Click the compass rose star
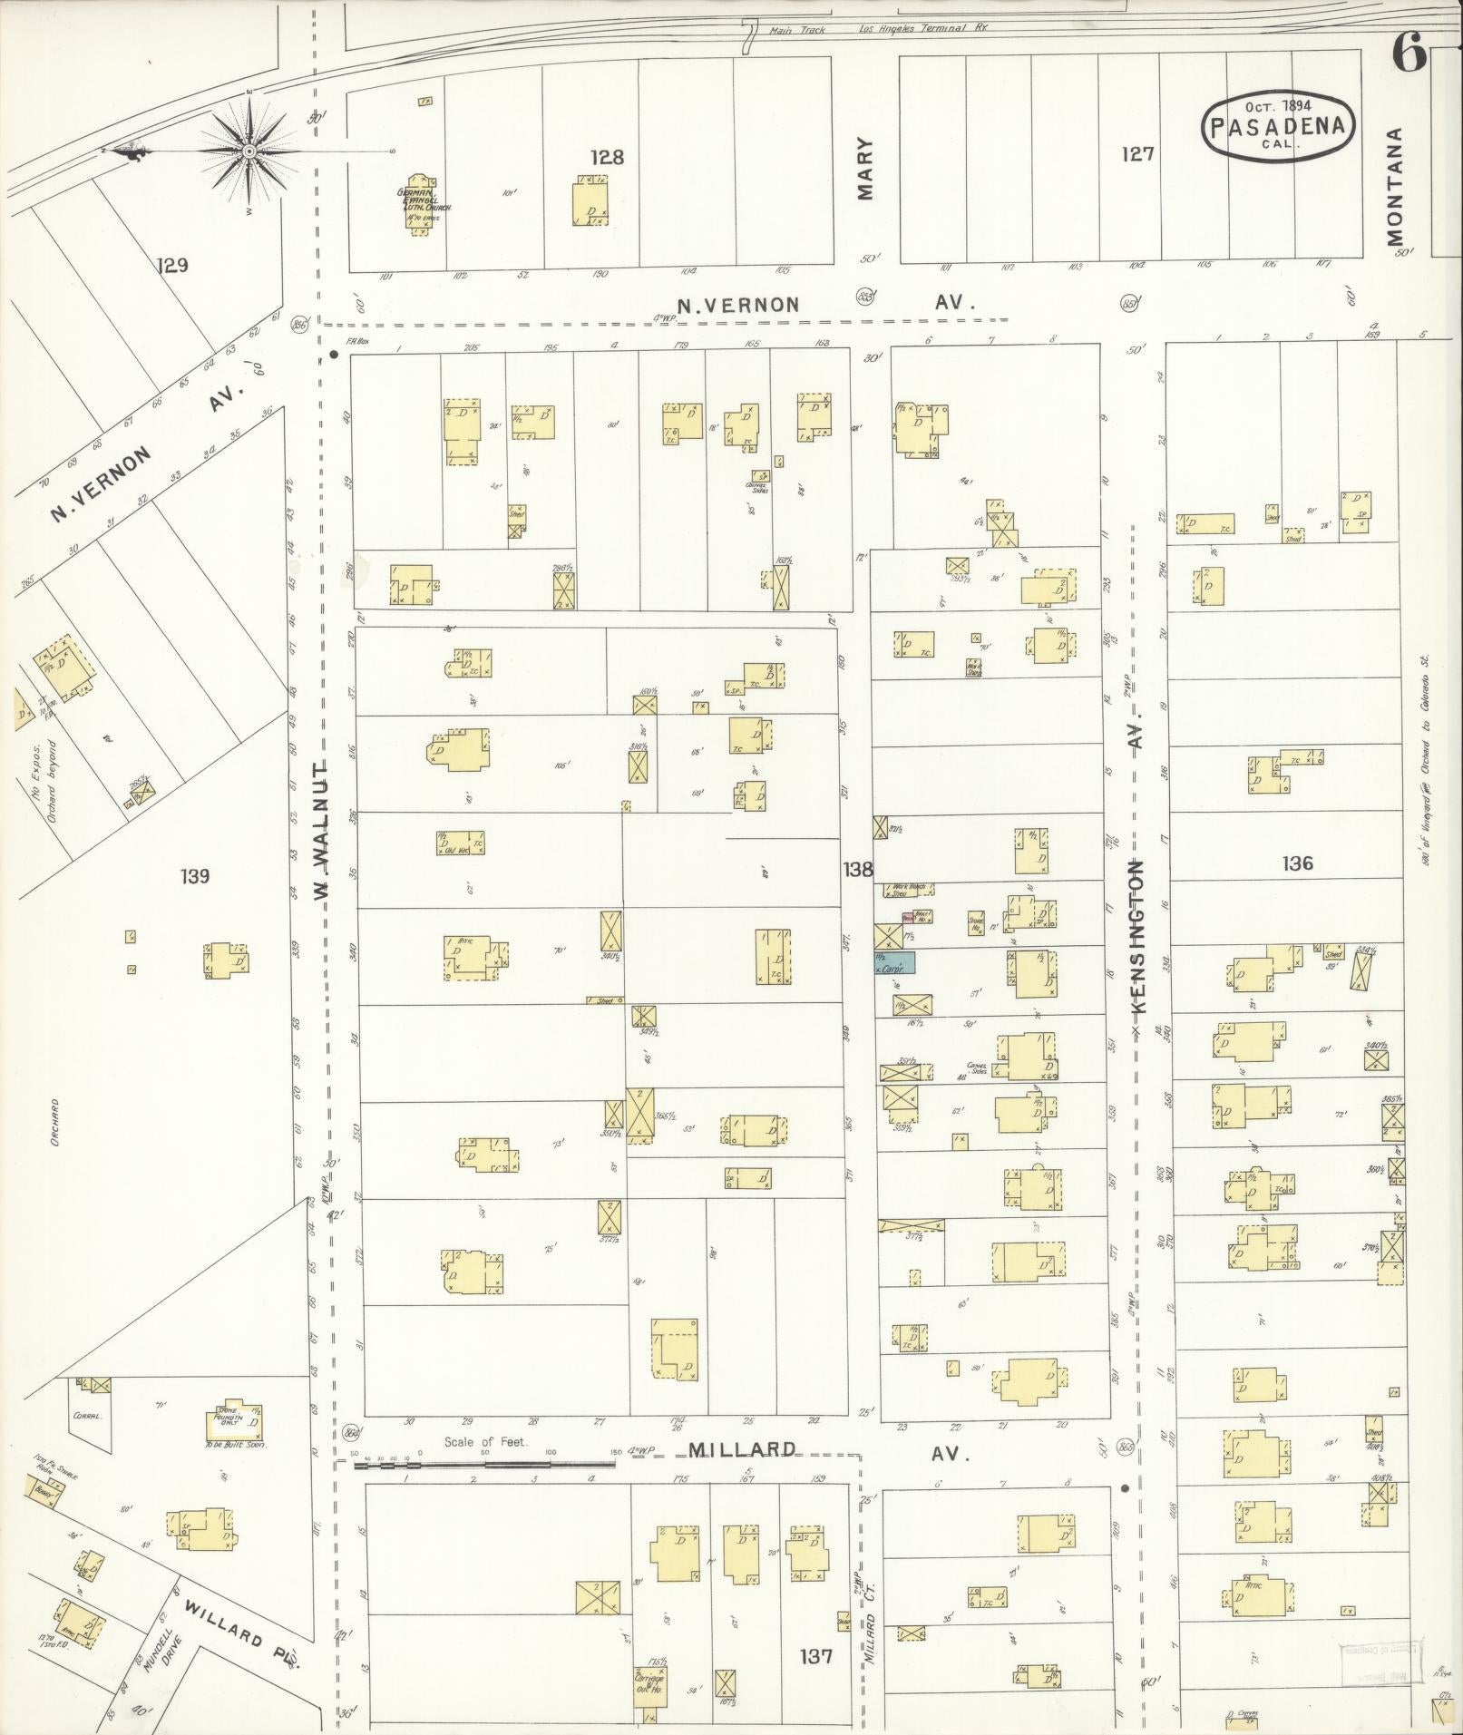coord(249,151)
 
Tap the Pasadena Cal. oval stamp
coord(1278,127)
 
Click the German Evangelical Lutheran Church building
coord(420,205)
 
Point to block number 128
coord(607,157)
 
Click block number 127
coord(1136,154)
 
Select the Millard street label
coord(741,1449)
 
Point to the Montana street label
coord(1394,186)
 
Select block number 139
coord(195,876)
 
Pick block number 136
coord(1297,863)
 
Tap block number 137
coord(815,1656)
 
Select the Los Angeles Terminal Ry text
coord(923,28)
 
